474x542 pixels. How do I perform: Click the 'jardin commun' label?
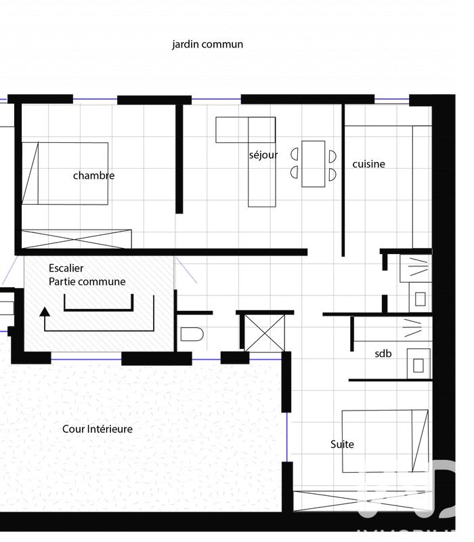(207, 45)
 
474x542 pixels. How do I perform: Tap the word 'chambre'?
(93, 175)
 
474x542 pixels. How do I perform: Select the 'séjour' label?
(263, 155)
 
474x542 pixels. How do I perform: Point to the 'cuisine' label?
(368, 164)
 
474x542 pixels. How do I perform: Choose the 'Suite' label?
(342, 444)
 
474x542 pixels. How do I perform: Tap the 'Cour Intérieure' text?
(98, 429)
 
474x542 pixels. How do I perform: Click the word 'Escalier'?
(66, 268)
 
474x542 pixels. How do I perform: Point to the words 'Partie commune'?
(87, 282)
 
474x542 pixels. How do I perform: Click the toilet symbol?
(192, 334)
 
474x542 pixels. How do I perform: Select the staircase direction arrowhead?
(45, 312)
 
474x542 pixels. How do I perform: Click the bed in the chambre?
(65, 173)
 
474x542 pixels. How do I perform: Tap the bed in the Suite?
(385, 441)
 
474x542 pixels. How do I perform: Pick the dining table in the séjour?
(314, 163)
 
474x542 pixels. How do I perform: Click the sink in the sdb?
(417, 364)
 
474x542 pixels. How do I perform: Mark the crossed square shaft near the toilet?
(264, 333)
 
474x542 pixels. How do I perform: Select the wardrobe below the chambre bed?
(77, 240)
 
